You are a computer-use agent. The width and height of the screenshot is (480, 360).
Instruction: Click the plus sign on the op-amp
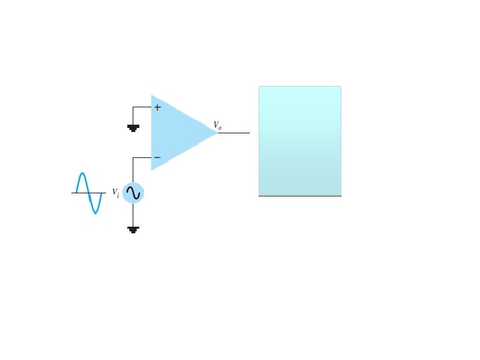click(x=157, y=107)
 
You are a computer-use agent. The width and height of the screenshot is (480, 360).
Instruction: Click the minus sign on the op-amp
click(x=157, y=158)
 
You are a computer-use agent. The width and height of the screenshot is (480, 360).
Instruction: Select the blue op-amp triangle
click(x=177, y=132)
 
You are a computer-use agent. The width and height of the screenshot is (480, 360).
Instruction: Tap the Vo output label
click(x=217, y=125)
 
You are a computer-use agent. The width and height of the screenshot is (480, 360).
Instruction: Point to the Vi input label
click(x=115, y=193)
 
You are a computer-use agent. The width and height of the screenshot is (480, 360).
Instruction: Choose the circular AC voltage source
click(x=133, y=193)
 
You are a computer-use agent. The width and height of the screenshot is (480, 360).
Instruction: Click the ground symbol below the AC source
click(x=133, y=229)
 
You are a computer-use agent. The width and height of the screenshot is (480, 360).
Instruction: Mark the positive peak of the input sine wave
click(x=81, y=174)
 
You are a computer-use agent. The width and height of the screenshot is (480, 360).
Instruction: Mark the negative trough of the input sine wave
click(x=96, y=212)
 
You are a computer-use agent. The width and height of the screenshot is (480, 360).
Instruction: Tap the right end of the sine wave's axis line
click(x=105, y=193)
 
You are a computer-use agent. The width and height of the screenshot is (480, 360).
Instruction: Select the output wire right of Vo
click(x=233, y=133)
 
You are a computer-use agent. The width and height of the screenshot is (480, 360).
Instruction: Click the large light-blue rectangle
click(x=299, y=140)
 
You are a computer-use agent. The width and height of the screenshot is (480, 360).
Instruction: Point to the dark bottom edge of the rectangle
click(x=299, y=196)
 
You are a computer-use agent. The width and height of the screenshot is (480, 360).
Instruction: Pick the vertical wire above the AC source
click(x=133, y=170)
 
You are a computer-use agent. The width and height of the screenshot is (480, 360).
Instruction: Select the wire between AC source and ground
click(x=133, y=215)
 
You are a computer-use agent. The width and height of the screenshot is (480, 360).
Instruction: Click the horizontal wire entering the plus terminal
click(x=142, y=107)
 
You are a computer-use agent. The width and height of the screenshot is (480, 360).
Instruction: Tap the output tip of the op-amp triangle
click(x=217, y=133)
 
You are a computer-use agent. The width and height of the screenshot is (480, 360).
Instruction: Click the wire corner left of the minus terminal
click(x=133, y=158)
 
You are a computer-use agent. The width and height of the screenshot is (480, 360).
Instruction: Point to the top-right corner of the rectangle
click(x=341, y=87)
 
